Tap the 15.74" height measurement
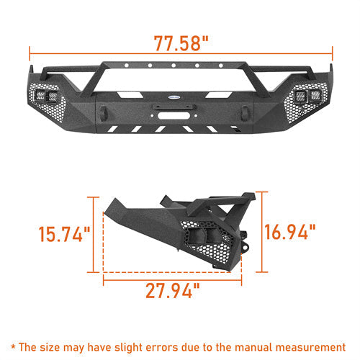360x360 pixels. (x=65, y=234)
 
